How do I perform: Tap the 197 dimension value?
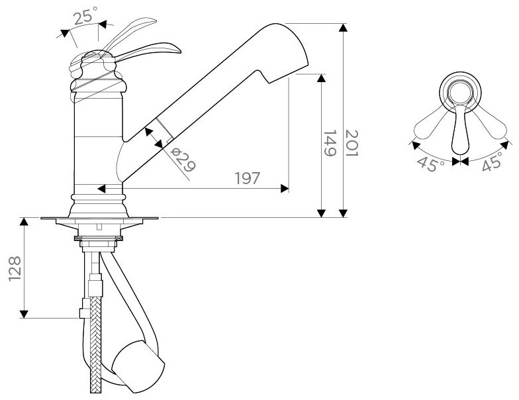(x=248, y=179)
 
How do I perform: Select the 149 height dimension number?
(x=330, y=143)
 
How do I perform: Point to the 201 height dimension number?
(x=352, y=144)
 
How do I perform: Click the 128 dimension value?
(x=15, y=269)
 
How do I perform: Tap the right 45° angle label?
(x=493, y=162)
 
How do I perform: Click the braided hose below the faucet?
(x=95, y=344)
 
